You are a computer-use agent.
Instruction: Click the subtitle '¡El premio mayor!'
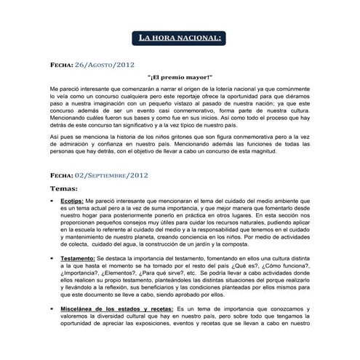tap(180, 77)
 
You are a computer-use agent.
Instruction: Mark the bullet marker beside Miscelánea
tap(52, 308)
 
